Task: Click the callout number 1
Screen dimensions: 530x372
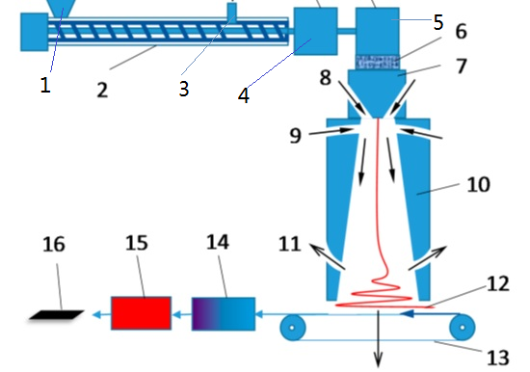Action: coord(45,85)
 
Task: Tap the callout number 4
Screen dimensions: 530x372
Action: coord(244,95)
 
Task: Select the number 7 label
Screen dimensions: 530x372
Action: coord(462,66)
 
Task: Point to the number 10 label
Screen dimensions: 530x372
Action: coord(478,185)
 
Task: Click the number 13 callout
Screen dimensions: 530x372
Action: coord(498,358)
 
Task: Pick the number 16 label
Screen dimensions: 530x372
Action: coord(54,244)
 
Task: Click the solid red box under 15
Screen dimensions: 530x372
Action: coord(142,313)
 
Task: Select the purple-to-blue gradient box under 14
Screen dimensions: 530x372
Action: coord(224,314)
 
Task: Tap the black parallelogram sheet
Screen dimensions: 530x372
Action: coord(57,315)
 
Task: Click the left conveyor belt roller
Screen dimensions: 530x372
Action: coord(293,328)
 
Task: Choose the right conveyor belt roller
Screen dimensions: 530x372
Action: coord(462,327)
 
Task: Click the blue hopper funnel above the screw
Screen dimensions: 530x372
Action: coord(63,8)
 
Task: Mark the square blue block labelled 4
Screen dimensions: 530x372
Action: coord(316,31)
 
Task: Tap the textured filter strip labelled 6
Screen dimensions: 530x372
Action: coord(377,62)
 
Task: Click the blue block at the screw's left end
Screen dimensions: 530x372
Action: coord(34,32)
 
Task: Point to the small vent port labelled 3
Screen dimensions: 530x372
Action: coord(232,11)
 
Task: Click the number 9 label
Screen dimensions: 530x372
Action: coord(295,136)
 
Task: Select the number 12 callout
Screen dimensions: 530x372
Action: coord(498,283)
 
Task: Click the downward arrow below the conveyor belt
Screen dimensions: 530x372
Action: coord(379,339)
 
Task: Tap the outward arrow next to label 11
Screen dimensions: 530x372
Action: coord(328,256)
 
